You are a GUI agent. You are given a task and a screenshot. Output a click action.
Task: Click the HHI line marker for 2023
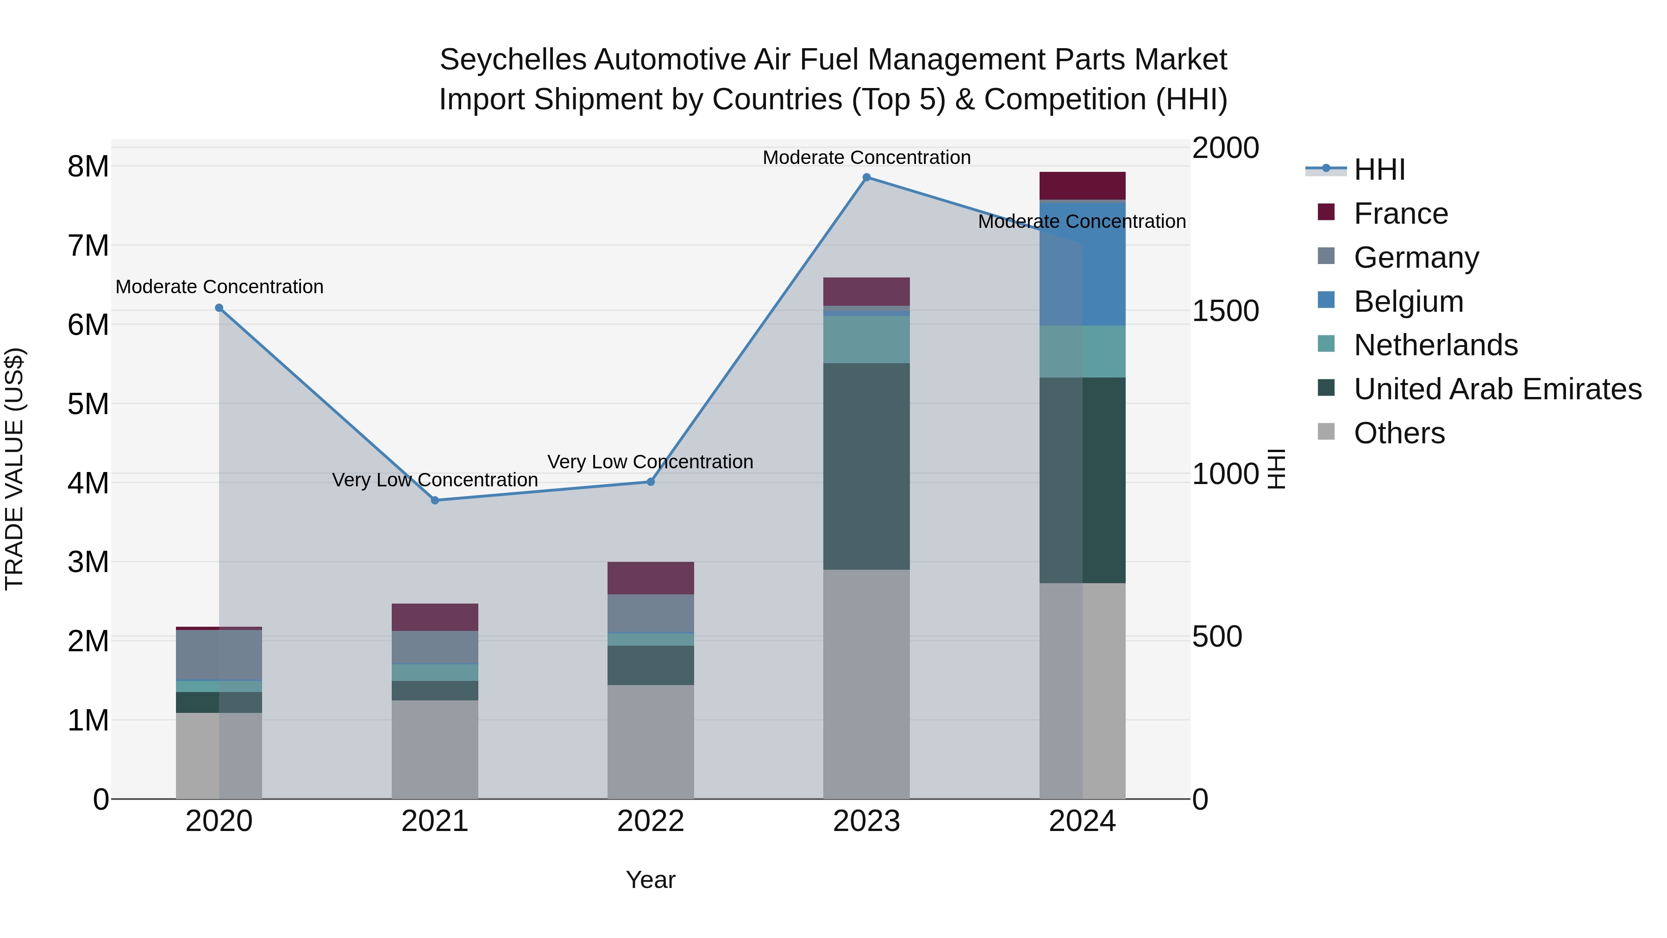pyautogui.click(x=866, y=177)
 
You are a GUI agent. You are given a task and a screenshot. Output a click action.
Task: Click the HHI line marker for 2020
pyautogui.click(x=219, y=308)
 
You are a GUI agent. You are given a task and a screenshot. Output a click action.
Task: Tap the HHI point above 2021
pyautogui.click(x=435, y=500)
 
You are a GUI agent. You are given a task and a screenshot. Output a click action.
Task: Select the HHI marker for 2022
pyautogui.click(x=651, y=482)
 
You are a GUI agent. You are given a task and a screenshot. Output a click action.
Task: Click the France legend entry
pyautogui.click(x=1400, y=214)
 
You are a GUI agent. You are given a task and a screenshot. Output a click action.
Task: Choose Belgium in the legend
pyautogui.click(x=1408, y=302)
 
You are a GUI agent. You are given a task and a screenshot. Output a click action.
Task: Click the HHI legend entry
pyautogui.click(x=1379, y=170)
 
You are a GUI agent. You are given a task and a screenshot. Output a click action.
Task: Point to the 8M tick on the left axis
pyautogui.click(x=88, y=166)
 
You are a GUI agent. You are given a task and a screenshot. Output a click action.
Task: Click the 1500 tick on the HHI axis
pyautogui.click(x=1225, y=311)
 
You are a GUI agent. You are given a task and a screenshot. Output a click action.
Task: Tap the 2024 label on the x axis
pyautogui.click(x=1082, y=821)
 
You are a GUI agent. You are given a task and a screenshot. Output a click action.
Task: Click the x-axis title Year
pyautogui.click(x=651, y=880)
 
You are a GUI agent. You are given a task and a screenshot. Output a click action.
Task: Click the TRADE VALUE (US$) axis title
pyautogui.click(x=14, y=469)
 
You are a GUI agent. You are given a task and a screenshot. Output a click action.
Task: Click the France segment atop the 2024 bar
pyautogui.click(x=1082, y=186)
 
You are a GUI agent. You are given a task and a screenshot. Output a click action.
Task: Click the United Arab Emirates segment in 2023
pyautogui.click(x=866, y=466)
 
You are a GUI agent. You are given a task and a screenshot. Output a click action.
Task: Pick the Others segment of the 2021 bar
pyautogui.click(x=435, y=749)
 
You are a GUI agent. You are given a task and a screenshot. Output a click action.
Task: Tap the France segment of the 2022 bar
pyautogui.click(x=651, y=578)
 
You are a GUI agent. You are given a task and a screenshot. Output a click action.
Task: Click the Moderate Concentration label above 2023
pyautogui.click(x=866, y=157)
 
